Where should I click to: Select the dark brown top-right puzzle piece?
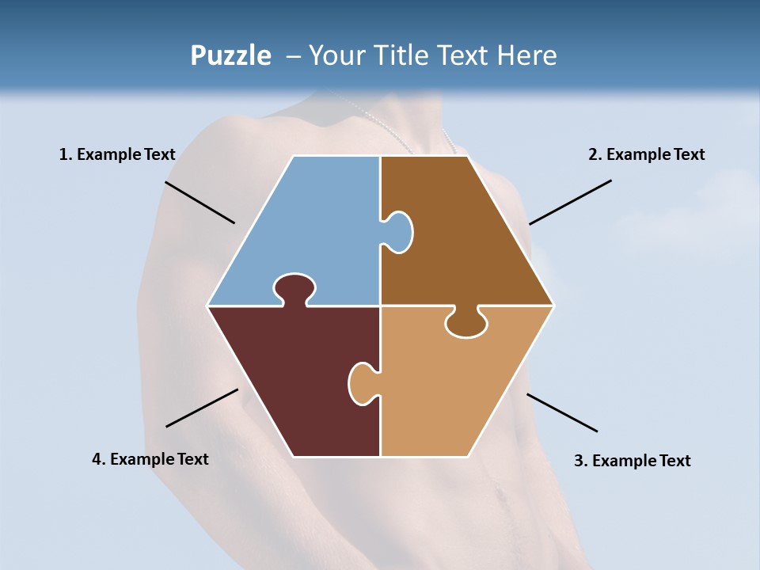(x=459, y=237)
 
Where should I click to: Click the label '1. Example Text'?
(x=117, y=154)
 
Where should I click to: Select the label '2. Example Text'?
(x=646, y=154)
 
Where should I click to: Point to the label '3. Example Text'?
(x=632, y=461)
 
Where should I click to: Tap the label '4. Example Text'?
(x=150, y=459)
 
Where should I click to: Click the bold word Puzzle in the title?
(x=230, y=55)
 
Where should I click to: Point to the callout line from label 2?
(x=570, y=202)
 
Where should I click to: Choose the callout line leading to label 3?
(x=562, y=412)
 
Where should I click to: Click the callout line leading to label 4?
(x=202, y=408)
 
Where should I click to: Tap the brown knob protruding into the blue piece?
(x=398, y=232)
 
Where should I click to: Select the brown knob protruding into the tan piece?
(x=465, y=324)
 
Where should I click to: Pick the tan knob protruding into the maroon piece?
(x=362, y=383)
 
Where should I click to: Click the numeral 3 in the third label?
(x=578, y=461)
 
